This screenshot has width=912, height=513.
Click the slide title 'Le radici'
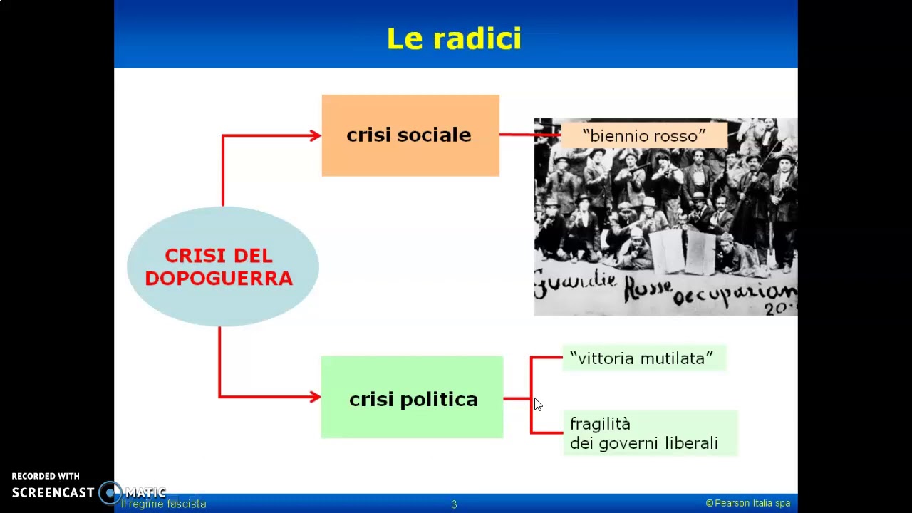click(x=454, y=38)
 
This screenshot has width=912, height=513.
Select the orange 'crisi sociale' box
click(x=410, y=135)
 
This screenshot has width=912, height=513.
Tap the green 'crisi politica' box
click(x=412, y=398)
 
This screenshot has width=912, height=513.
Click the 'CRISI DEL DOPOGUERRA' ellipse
click(x=222, y=266)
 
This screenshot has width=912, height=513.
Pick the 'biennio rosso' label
click(x=643, y=135)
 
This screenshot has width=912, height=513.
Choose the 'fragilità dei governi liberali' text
click(x=643, y=433)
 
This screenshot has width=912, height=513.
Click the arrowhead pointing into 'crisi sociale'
click(x=315, y=135)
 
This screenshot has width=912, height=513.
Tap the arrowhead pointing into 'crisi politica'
click(x=315, y=397)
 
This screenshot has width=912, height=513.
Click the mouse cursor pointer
click(x=537, y=404)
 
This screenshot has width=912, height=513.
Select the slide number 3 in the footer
click(x=454, y=504)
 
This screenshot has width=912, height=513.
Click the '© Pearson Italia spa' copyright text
click(x=747, y=503)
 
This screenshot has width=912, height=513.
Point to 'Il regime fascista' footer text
click(x=164, y=504)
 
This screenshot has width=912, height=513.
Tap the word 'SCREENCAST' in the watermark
click(x=53, y=492)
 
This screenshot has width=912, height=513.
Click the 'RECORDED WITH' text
click(x=46, y=476)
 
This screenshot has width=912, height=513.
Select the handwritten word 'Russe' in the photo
click(x=650, y=289)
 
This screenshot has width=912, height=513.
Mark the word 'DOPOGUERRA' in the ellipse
click(x=219, y=278)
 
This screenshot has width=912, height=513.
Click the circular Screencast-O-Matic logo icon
click(x=110, y=492)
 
